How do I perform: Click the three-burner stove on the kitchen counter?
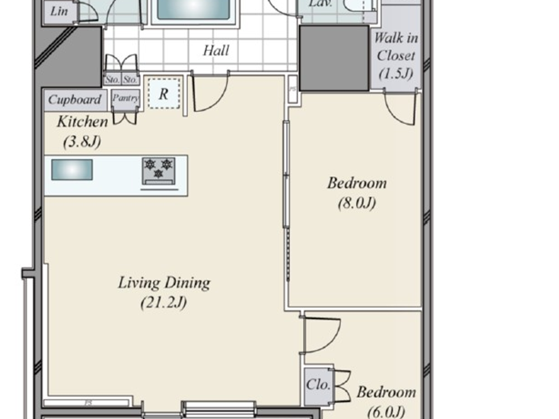[x=159, y=171]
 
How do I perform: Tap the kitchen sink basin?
[x=72, y=170]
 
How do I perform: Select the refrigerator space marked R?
[x=164, y=94]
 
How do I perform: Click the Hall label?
[x=216, y=51]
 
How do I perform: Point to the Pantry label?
[x=125, y=98]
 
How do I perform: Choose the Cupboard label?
[x=75, y=99]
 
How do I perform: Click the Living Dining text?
[x=164, y=283]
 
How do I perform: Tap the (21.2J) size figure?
[x=164, y=302]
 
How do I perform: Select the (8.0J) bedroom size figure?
[x=357, y=203]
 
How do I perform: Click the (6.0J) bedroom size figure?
[x=386, y=411]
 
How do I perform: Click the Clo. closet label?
[x=318, y=384]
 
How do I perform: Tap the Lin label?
[x=59, y=11]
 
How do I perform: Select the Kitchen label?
[x=82, y=122]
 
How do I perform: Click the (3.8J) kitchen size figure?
[x=82, y=141]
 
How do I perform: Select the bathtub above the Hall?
[x=194, y=10]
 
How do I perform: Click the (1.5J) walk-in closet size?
[x=395, y=73]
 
